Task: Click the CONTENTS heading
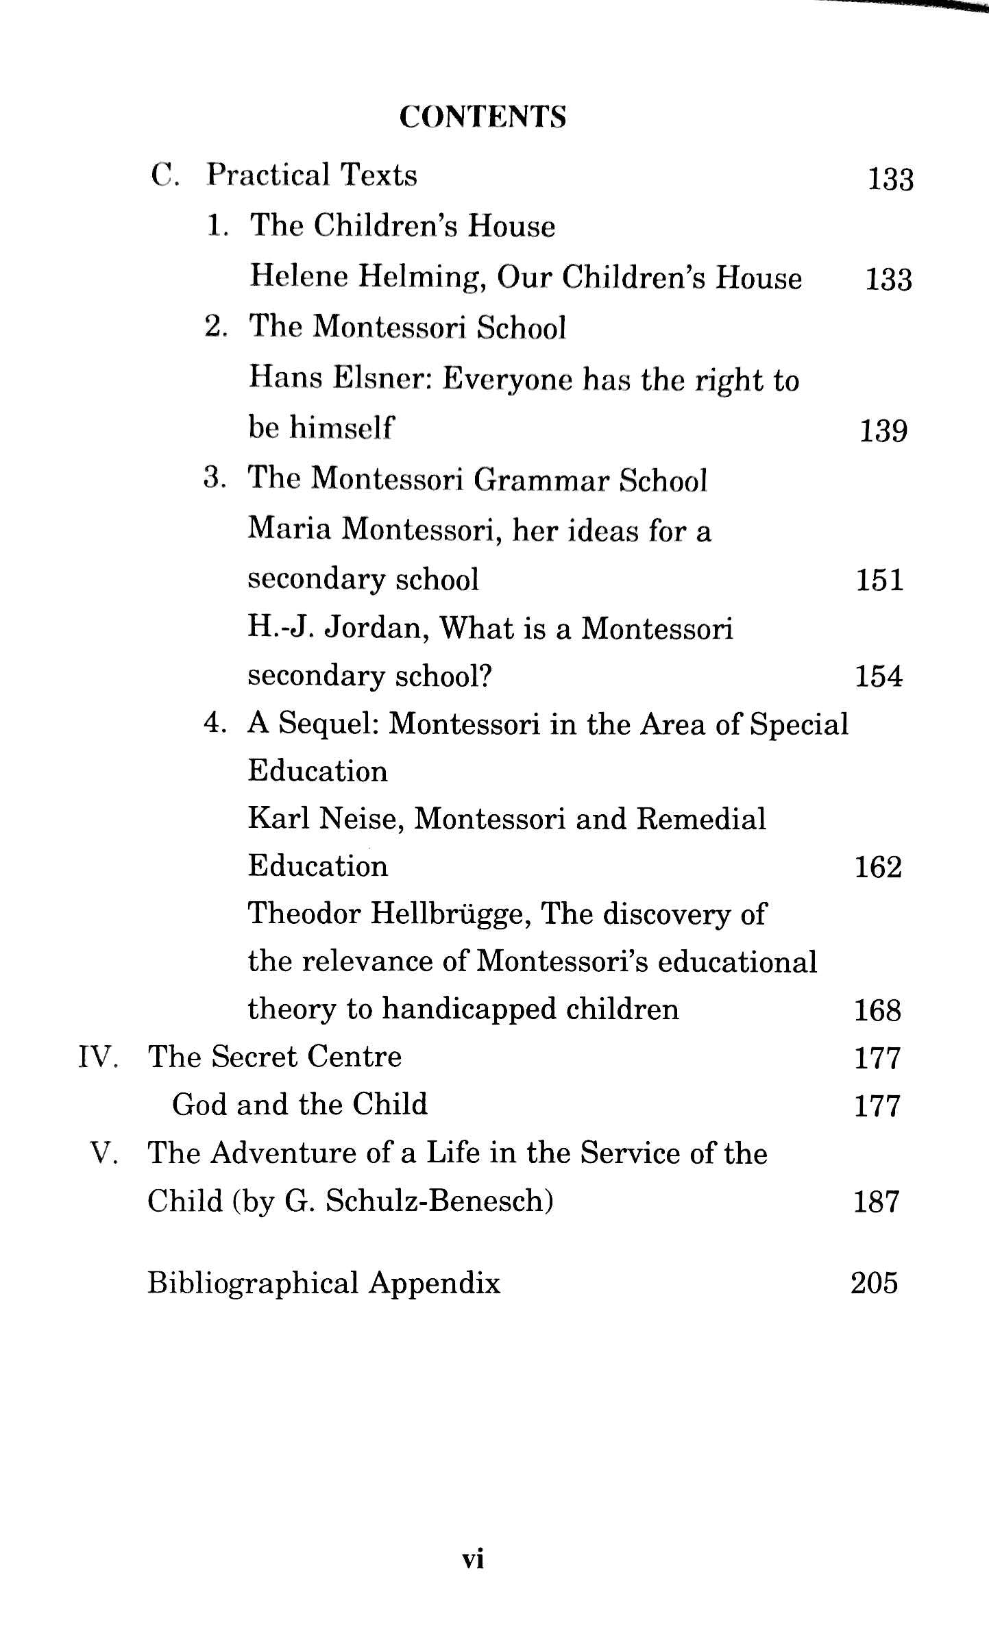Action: click(x=483, y=117)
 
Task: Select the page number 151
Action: click(x=879, y=580)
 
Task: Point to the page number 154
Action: click(x=879, y=677)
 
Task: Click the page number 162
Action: click(x=878, y=868)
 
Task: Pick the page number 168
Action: click(x=877, y=1011)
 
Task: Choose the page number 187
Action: click(x=876, y=1202)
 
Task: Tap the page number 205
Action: click(x=874, y=1283)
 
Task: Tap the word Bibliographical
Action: click(x=253, y=1283)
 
